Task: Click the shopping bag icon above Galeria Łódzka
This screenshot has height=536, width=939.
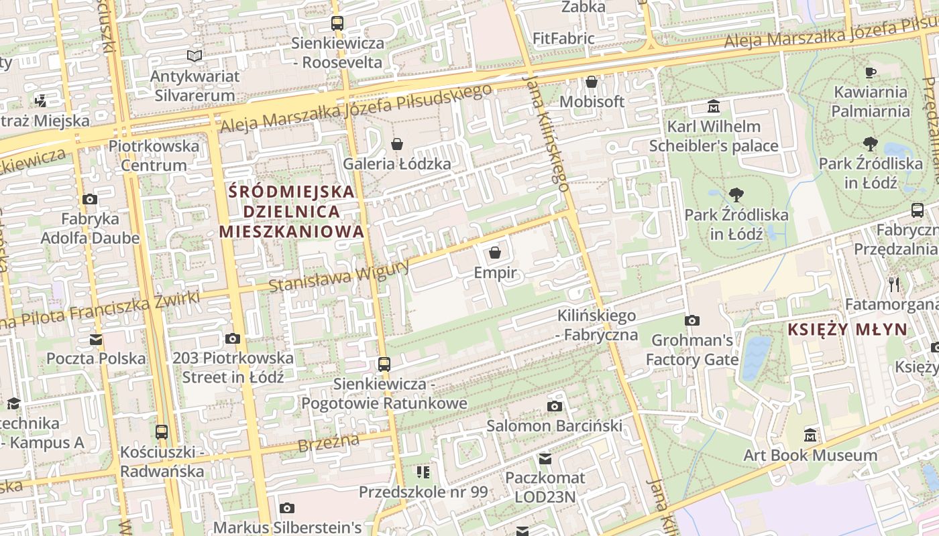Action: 397,144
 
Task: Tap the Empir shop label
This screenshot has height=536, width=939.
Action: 495,273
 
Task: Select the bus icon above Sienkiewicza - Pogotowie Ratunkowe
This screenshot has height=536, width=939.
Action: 384,364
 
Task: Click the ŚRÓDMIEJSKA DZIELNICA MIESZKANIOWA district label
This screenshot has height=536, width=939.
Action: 292,212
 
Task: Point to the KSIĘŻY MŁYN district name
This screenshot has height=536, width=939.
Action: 847,329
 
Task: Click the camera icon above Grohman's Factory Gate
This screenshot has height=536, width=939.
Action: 692,321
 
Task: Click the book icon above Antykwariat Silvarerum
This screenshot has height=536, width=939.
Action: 195,56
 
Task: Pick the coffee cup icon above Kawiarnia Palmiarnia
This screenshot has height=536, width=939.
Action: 871,72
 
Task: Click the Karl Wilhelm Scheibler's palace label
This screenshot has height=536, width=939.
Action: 714,136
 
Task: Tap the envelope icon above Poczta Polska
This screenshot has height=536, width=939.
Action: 96,340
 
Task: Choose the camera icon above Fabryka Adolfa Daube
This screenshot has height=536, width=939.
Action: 90,200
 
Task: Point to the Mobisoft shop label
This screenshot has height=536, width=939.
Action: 592,102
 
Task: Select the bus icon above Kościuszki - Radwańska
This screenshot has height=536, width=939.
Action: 162,432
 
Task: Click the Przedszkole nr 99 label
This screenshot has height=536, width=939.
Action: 423,492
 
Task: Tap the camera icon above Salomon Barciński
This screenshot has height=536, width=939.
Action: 554,407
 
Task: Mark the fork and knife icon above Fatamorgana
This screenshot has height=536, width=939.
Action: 893,285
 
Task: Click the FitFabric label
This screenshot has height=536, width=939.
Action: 563,38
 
